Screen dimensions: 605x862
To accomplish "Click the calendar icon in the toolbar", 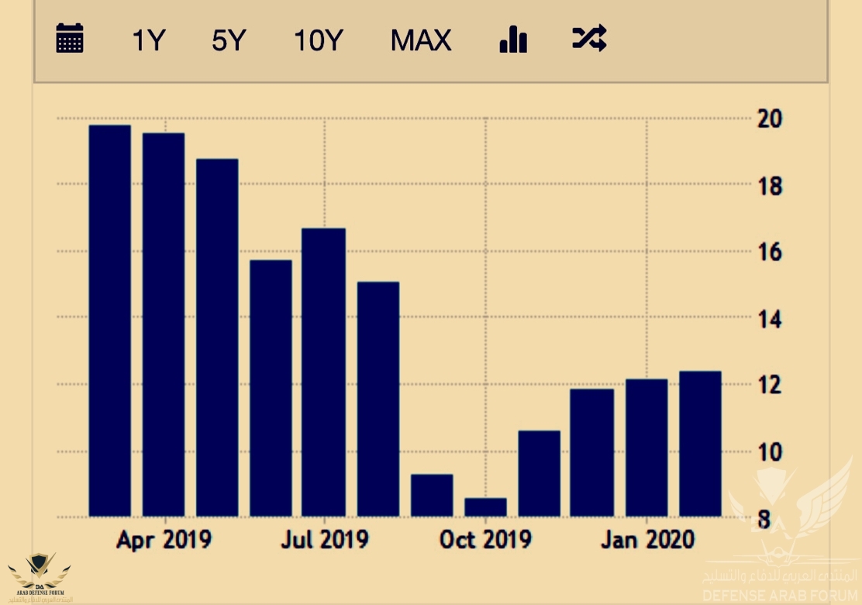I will click(70, 38).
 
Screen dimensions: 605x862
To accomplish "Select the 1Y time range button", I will click(149, 40).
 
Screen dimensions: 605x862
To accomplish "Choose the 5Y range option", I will click(228, 40).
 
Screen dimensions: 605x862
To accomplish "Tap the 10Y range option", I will click(318, 40).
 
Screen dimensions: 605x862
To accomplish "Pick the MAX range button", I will click(421, 40).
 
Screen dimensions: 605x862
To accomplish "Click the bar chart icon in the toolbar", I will click(513, 39).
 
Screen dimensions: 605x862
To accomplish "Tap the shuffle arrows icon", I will click(589, 38).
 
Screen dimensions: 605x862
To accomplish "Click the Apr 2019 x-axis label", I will click(164, 540).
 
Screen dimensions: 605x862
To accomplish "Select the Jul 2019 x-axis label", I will click(325, 540).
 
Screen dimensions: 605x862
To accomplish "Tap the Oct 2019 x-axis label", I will click(485, 540).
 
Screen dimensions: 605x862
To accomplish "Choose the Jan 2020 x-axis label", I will click(647, 540).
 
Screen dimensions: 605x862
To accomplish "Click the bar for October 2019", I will click(485, 507).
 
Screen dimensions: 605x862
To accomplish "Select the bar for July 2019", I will click(324, 372).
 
